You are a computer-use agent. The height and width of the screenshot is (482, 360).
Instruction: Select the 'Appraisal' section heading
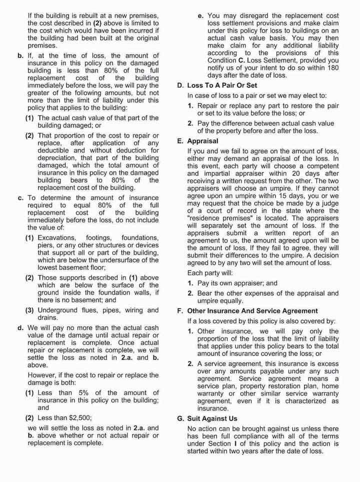click(x=204, y=141)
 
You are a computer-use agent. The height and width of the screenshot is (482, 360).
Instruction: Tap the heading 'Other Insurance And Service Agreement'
click(x=252, y=311)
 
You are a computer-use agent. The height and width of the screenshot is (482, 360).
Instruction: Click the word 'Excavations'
click(x=57, y=237)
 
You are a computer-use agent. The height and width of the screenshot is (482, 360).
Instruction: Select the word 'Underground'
click(x=58, y=310)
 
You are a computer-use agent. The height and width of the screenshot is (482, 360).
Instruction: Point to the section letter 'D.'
click(x=181, y=85)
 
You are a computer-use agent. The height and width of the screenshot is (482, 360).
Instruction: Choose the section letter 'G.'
click(x=181, y=418)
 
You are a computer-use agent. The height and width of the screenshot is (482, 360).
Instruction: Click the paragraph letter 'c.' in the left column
click(x=21, y=198)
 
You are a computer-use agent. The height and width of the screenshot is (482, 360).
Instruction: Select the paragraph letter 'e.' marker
click(x=200, y=16)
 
